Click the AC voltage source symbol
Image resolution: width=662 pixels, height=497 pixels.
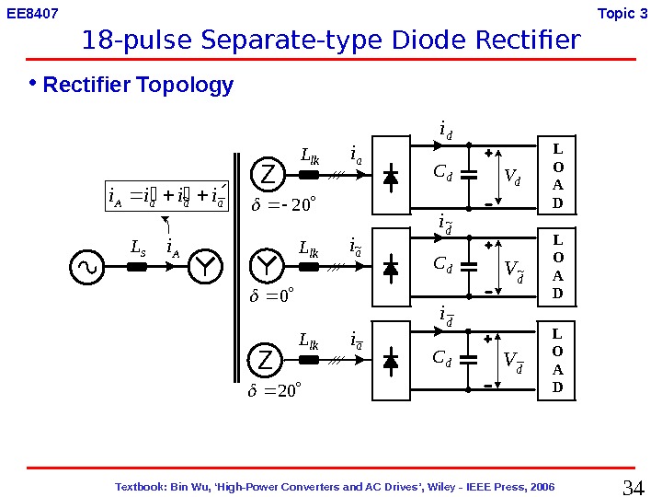88,267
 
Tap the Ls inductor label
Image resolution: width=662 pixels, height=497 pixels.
139,248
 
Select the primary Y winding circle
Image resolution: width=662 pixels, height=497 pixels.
206,267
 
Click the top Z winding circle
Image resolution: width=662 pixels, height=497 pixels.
267,174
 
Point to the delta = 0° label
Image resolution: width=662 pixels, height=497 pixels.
272,296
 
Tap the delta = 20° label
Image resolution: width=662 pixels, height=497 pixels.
275,390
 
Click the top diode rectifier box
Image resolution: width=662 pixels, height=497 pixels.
390,175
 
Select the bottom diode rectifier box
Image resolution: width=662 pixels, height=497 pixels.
390,360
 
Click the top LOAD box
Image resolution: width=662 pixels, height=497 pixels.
557,175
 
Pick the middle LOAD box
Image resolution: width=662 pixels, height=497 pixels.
557,267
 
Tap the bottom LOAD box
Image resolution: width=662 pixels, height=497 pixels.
557,360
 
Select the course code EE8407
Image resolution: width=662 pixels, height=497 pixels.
32,14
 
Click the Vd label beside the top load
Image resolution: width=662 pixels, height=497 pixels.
512,176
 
